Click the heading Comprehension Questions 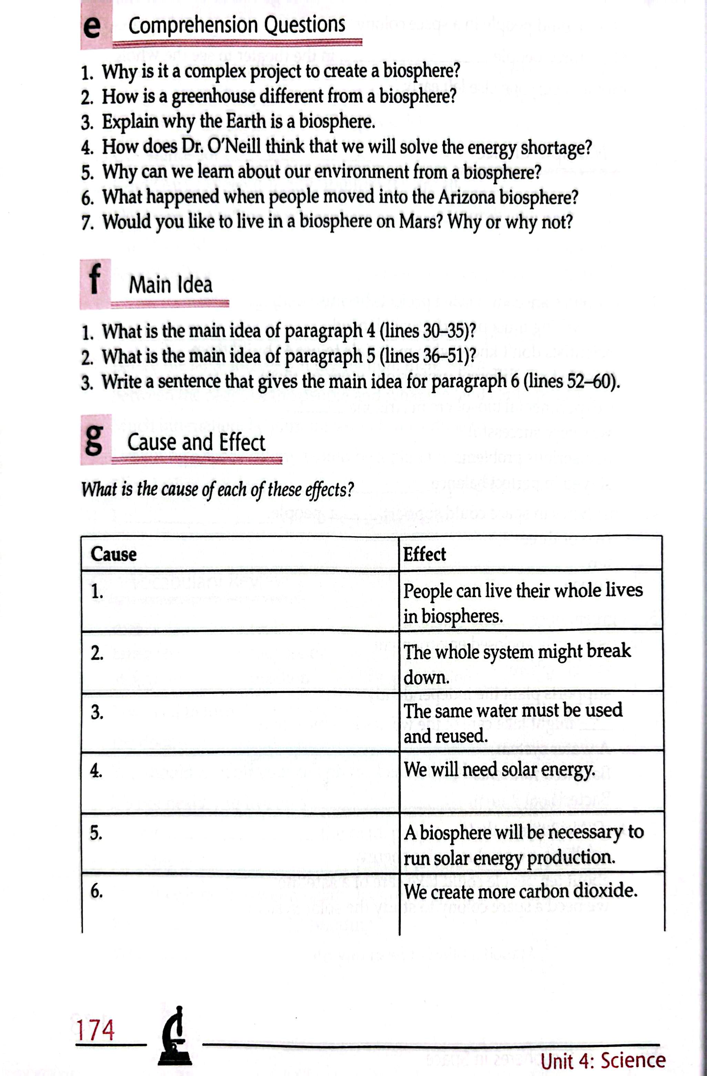(237, 25)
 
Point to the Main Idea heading (170, 285)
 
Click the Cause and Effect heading (196, 442)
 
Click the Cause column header (113, 554)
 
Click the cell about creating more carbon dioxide (520, 891)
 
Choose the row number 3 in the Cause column (97, 713)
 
